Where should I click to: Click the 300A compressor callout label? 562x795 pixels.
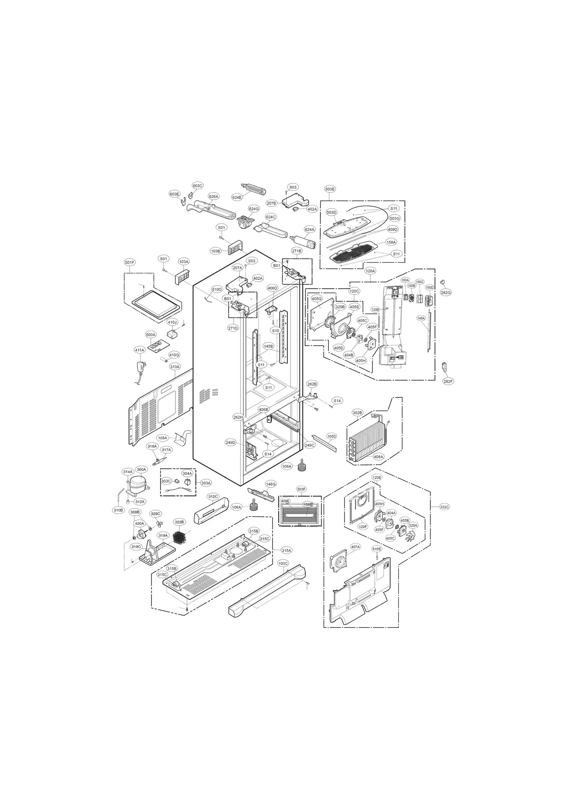pos(142,469)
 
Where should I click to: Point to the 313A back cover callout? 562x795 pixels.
pos(175,367)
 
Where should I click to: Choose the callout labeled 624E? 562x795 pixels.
pos(237,197)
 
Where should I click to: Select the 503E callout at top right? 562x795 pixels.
pos(330,189)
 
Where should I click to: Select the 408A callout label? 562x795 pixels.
pos(378,456)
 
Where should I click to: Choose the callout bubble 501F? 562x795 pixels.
pos(130,262)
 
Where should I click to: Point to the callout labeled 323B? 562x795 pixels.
pos(179,522)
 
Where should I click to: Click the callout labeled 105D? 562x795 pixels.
pos(332,436)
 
